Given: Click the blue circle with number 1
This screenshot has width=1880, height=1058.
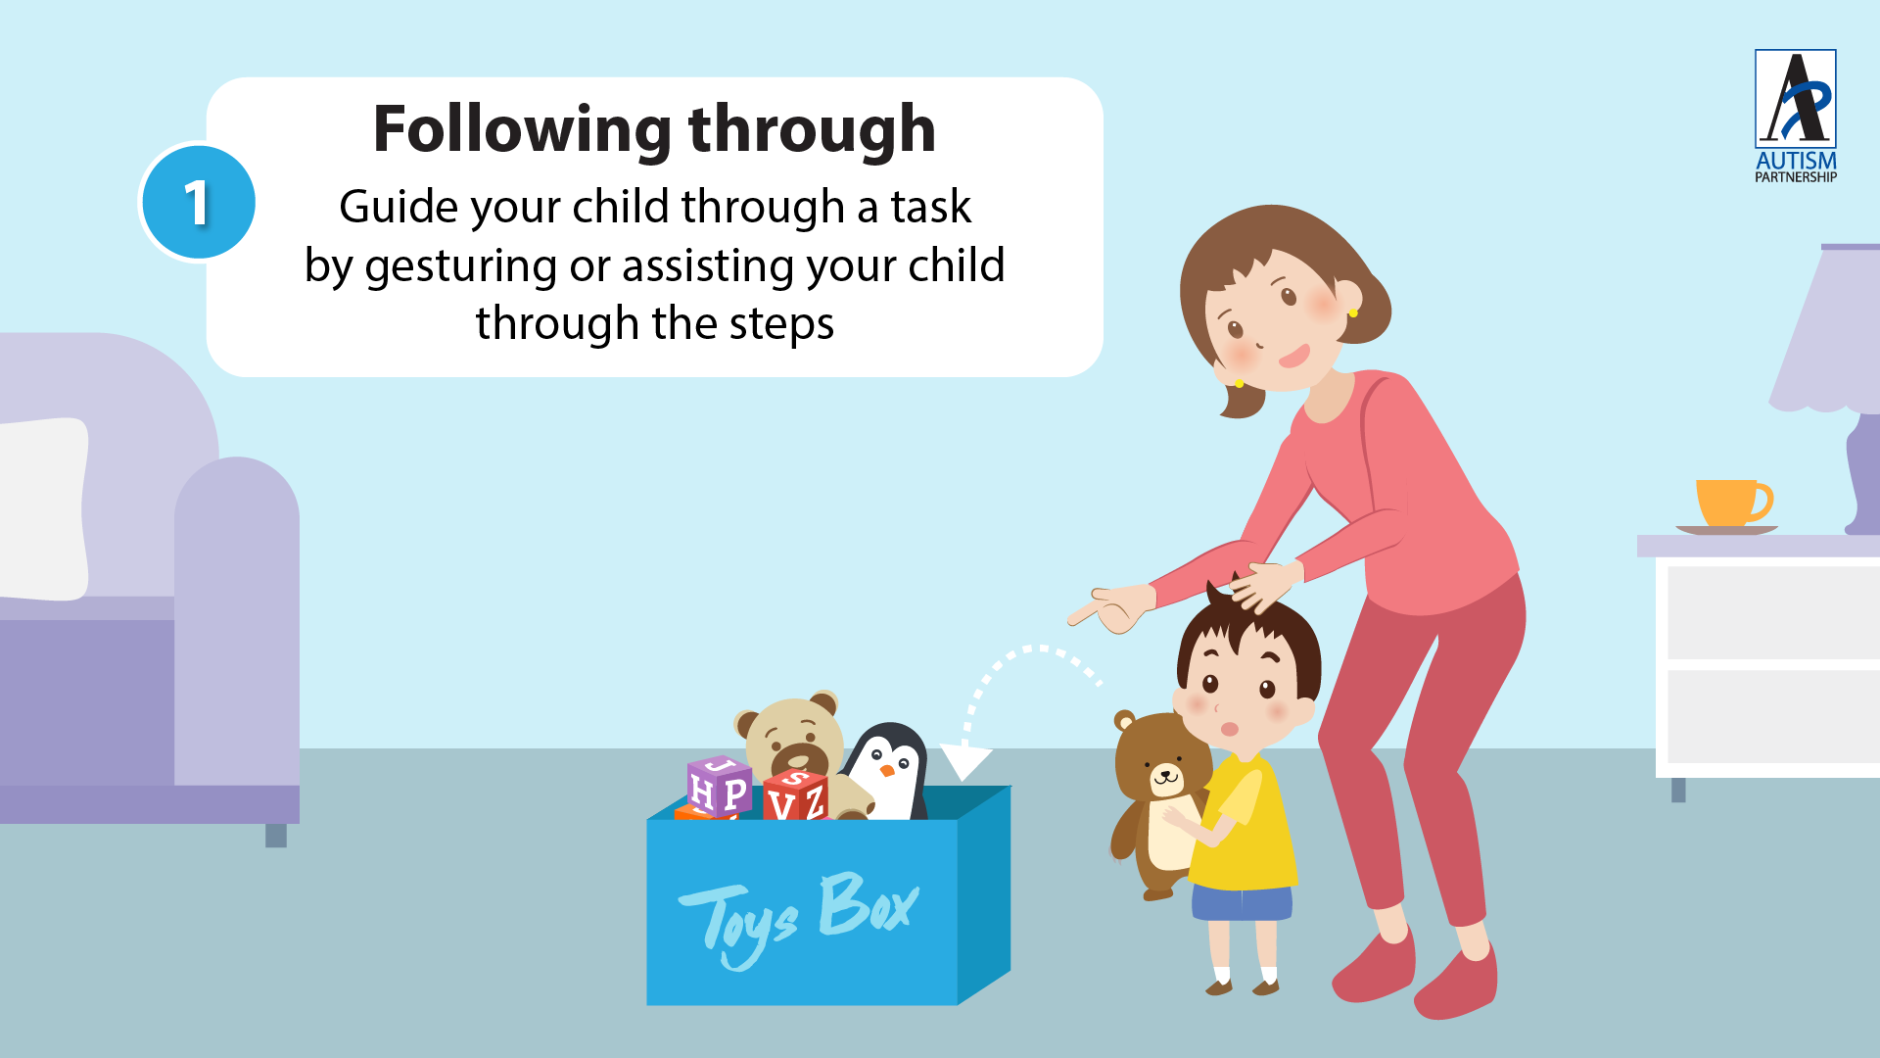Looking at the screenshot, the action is pos(199,203).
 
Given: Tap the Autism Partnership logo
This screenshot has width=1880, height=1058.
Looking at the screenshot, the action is pos(1795,116).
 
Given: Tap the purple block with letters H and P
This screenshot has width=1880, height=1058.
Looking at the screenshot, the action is pos(720,786).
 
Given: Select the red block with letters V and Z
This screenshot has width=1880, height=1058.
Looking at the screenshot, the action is pos(796,795).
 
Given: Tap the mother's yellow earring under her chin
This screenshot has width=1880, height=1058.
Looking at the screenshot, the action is pos(1239,383).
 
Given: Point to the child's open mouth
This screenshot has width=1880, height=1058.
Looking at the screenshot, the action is pos(1230,729).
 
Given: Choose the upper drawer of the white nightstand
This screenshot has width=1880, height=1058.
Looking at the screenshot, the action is pos(1773,612).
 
